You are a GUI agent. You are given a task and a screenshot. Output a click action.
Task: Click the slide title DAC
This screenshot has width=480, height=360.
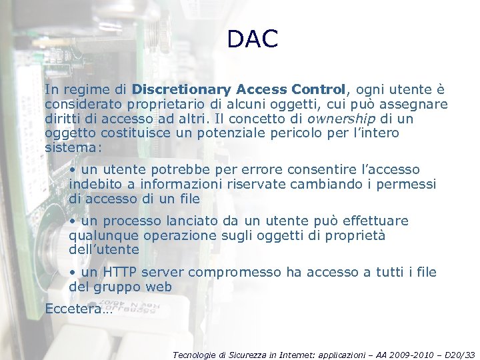(252, 39)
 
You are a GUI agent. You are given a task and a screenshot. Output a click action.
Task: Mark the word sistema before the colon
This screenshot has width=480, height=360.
(70, 147)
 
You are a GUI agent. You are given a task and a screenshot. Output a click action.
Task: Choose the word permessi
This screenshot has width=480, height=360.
(406, 184)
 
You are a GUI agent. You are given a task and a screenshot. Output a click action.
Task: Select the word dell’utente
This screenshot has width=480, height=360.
(104, 250)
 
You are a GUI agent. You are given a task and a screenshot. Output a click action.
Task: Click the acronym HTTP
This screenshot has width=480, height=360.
(120, 272)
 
